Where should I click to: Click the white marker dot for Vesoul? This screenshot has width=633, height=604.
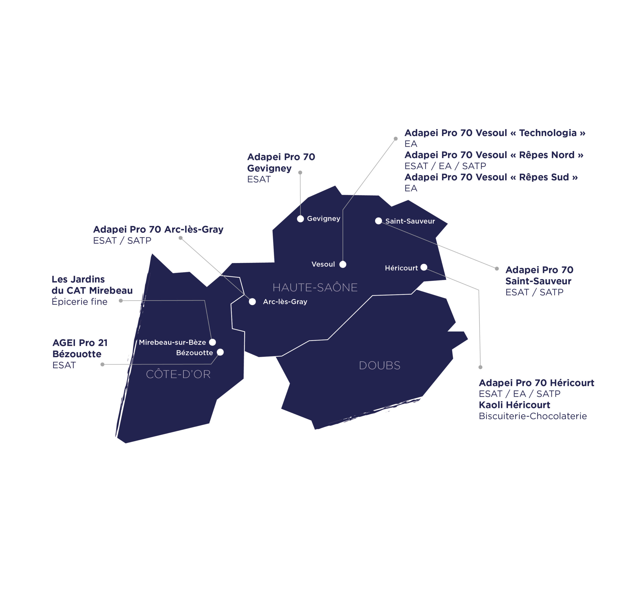point(342,264)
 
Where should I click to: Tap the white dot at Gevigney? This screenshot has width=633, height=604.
point(300,219)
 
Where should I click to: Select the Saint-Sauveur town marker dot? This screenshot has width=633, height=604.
point(378,221)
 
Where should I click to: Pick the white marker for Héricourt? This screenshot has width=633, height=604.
point(424,267)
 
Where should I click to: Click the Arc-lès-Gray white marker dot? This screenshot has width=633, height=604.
point(252,302)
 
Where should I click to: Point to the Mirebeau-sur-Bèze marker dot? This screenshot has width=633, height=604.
point(212,342)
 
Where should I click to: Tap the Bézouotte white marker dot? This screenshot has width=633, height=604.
point(220,352)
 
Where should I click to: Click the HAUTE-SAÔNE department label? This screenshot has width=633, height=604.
point(315,287)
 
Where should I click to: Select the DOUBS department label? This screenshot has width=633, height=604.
point(380,365)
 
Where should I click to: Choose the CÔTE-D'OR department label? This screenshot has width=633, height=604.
point(178,374)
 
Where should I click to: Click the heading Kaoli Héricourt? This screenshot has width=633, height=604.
point(514,405)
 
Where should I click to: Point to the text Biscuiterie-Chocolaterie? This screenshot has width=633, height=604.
point(533,416)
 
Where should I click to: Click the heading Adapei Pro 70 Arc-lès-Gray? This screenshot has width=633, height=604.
point(158,229)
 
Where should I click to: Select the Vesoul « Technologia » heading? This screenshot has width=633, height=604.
point(495,133)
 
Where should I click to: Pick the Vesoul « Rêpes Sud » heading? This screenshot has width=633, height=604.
point(491,177)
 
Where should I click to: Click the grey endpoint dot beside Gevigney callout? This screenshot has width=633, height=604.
point(300,173)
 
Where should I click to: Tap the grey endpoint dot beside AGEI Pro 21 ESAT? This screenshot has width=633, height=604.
point(102,364)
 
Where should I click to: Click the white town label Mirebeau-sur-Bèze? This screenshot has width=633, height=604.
point(172,342)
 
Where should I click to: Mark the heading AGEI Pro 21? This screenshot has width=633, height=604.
point(80,343)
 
